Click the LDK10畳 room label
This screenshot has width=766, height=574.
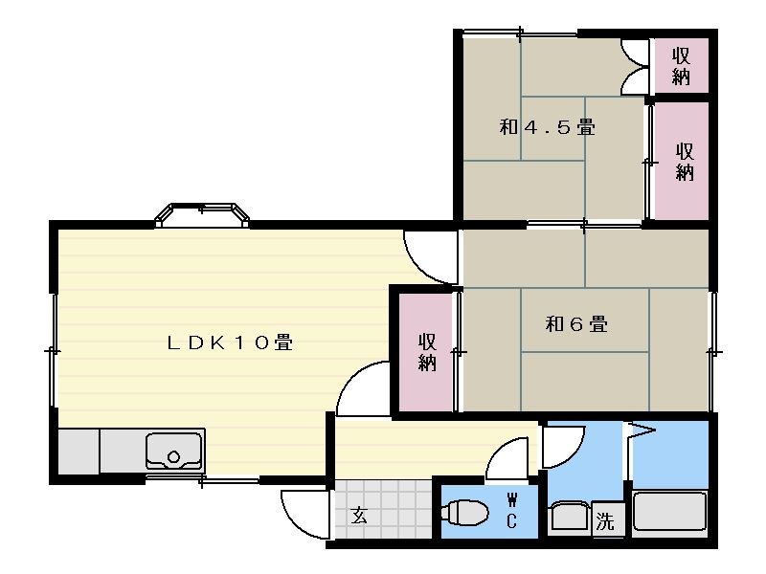click(x=230, y=342)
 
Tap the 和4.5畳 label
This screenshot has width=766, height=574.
click(x=547, y=127)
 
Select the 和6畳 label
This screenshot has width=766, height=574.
click(x=576, y=324)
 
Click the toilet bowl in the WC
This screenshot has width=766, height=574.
click(x=464, y=513)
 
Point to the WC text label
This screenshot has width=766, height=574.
click(x=511, y=511)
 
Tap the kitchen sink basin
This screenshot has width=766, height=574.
click(x=174, y=451)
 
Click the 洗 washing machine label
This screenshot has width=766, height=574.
click(x=605, y=521)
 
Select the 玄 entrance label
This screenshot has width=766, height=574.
click(x=359, y=516)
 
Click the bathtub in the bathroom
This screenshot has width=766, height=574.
click(x=669, y=511)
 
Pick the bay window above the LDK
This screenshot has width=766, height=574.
click(x=202, y=215)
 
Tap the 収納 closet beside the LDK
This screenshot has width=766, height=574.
click(x=426, y=352)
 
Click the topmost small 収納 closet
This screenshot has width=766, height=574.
click(x=681, y=65)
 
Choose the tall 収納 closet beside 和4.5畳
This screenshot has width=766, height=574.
click(x=682, y=161)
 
